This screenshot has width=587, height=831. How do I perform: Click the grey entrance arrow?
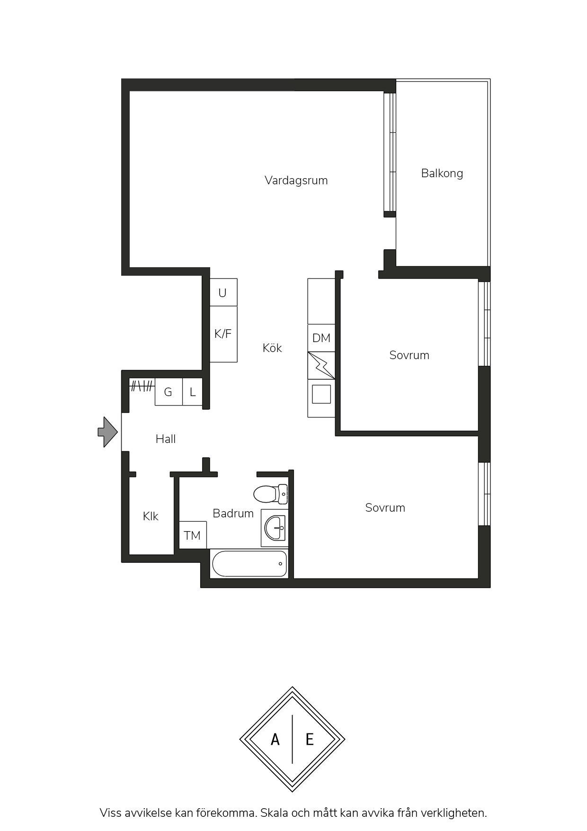pos(108,432)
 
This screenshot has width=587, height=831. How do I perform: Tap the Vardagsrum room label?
pos(296,181)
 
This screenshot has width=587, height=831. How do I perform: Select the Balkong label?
pos(442,173)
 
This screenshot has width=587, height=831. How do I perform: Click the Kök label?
pos(272,348)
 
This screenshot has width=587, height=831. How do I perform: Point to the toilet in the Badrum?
pos(271,494)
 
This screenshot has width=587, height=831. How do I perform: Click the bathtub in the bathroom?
pos(249,564)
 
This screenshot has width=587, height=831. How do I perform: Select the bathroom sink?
pos(275,527)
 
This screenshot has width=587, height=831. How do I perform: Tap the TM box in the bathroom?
pos(193,535)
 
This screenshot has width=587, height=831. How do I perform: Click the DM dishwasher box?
pos(321,338)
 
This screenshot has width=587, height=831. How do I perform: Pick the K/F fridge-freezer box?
pos(223,334)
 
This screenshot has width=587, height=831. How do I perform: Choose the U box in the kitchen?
pos(223,292)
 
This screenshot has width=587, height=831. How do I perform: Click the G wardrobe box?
pos(169,392)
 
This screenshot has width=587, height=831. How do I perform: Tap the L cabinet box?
pos(193,392)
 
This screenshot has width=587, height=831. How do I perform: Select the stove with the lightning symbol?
pos(321,366)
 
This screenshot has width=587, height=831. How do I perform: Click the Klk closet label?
pos(151,516)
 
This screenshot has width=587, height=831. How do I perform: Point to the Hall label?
pos(166,439)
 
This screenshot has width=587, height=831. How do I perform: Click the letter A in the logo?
pos(275,740)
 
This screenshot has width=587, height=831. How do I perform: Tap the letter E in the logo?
pos(310,740)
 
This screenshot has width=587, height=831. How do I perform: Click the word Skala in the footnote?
pos(274,813)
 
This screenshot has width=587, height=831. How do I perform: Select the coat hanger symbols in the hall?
pos(142,386)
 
